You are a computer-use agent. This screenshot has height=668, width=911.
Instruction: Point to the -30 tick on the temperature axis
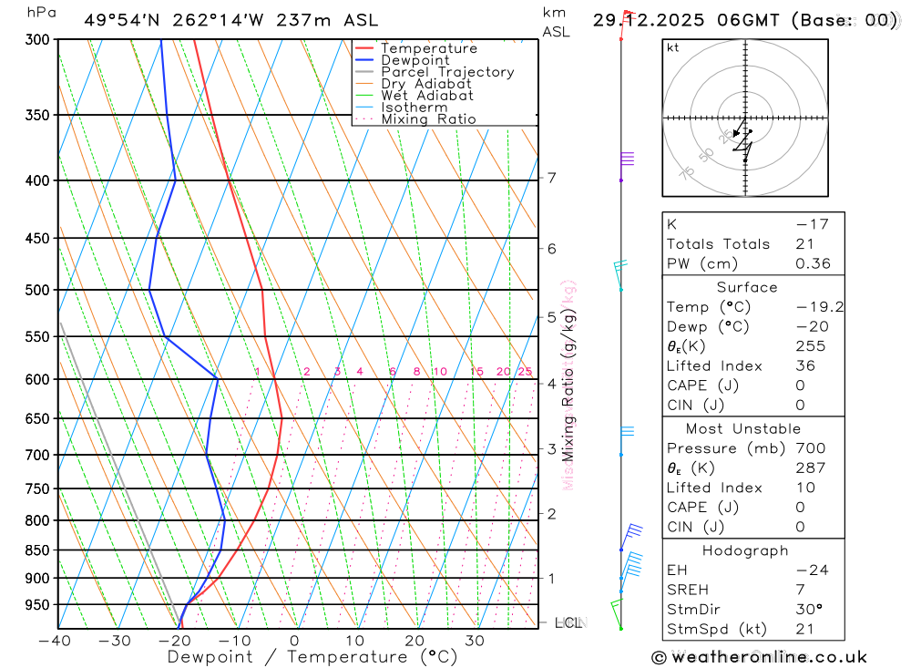coord(115,641)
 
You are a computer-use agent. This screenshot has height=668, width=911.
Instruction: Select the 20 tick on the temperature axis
coord(415,641)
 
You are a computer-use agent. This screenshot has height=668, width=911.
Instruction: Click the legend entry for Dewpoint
coord(415,60)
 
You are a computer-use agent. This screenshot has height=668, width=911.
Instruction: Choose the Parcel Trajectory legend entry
coord(446,72)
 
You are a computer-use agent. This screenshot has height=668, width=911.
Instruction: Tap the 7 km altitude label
coord(551,178)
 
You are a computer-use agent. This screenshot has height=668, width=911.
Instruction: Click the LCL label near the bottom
coord(568,623)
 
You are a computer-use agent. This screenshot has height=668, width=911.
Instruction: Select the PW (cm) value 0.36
coord(813,263)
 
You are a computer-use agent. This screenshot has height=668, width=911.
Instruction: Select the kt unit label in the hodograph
coord(672,47)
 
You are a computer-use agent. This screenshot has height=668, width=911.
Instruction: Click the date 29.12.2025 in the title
coord(646,20)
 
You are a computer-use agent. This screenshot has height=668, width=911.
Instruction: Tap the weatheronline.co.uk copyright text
coord(759,657)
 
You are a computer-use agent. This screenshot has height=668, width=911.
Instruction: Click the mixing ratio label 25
coord(525,372)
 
